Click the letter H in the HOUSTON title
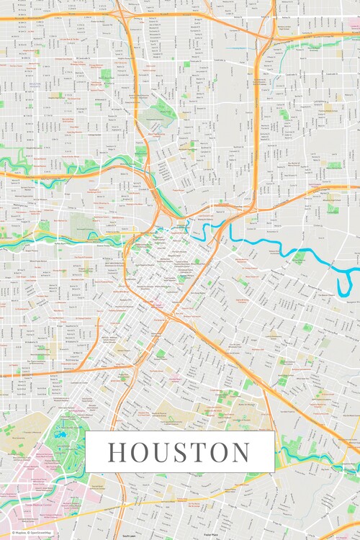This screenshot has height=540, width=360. [119, 452]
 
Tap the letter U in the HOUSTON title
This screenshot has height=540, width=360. [166, 452]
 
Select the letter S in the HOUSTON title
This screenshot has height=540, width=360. [187, 452]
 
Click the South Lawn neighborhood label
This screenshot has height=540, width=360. [129, 536]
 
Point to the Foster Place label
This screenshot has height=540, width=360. [210, 536]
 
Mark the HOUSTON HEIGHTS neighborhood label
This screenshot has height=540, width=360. [35, 85]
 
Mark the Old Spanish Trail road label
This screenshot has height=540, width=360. [216, 497]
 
